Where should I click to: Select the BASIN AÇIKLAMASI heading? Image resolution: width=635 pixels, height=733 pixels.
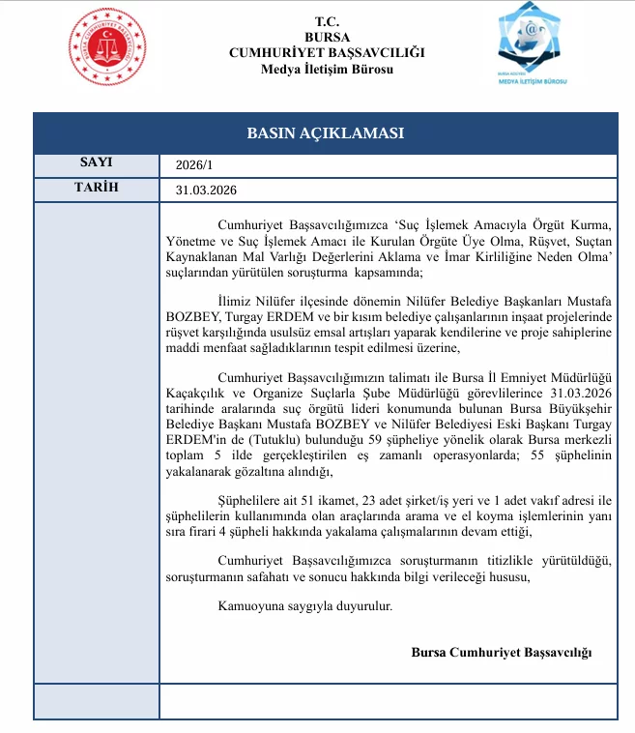pyautogui.click(x=325, y=133)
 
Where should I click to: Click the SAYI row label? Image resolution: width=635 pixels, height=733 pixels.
pyautogui.click(x=96, y=162)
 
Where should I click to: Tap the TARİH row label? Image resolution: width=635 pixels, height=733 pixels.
pyautogui.click(x=96, y=188)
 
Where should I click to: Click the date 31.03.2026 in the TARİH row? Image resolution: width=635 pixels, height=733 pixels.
pyautogui.click(x=207, y=190)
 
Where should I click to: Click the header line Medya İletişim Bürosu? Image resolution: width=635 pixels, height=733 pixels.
pyautogui.click(x=326, y=68)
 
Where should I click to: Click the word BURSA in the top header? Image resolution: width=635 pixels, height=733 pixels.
pyautogui.click(x=326, y=36)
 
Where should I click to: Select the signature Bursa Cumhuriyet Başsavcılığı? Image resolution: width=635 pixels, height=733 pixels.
pyautogui.click(x=501, y=652)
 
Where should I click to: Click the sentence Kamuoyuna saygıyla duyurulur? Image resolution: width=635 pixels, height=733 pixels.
pyautogui.click(x=305, y=606)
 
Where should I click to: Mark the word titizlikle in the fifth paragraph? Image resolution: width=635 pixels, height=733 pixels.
pyautogui.click(x=464, y=561)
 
